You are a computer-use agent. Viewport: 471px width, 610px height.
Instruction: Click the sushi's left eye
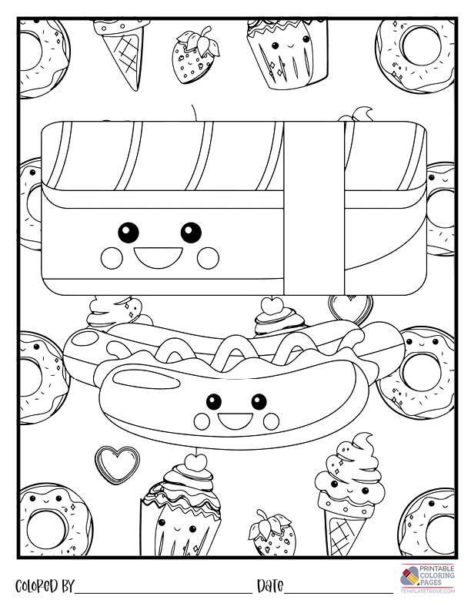(128, 233)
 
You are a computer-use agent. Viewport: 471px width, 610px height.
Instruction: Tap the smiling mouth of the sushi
(159, 256)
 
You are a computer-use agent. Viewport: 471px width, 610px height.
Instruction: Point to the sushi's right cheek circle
(208, 258)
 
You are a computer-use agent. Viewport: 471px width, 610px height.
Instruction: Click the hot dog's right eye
(259, 401)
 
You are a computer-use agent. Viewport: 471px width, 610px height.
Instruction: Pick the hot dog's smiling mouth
(235, 420)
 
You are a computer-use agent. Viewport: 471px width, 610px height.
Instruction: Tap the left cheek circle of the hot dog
(202, 421)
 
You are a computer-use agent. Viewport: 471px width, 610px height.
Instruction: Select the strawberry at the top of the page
(195, 55)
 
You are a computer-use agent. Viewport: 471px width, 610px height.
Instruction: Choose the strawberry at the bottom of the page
(272, 533)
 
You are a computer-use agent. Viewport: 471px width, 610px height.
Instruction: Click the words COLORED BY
(44, 586)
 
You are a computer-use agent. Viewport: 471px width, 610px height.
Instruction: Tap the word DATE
(270, 585)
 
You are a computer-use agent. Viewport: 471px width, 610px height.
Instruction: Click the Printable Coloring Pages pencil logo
(409, 576)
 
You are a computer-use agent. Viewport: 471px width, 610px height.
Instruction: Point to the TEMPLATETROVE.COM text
(427, 592)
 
